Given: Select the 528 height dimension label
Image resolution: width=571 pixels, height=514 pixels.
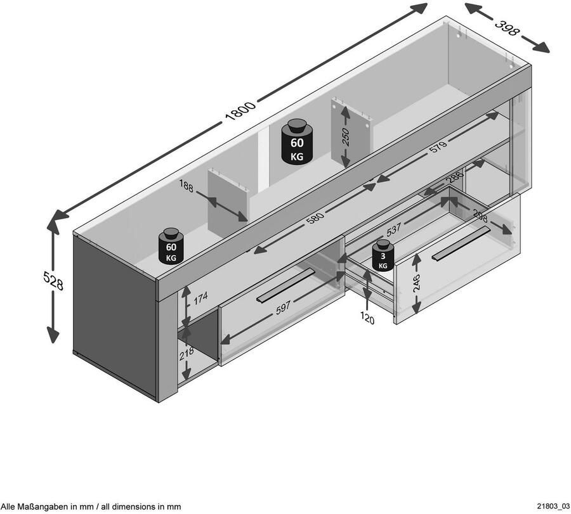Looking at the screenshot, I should pos(53,280).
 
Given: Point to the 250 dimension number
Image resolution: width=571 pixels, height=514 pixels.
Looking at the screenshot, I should pos(346,137).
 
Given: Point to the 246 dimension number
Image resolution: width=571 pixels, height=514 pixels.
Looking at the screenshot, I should pos(416,283).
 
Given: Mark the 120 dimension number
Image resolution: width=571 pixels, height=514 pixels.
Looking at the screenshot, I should pos(368,319).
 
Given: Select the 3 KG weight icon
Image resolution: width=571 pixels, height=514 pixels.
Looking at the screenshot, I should pos(383,257).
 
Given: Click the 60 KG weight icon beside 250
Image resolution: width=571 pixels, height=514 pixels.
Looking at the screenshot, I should pos(297,143).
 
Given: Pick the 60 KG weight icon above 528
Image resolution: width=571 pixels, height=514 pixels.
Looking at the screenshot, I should pos(171,247).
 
